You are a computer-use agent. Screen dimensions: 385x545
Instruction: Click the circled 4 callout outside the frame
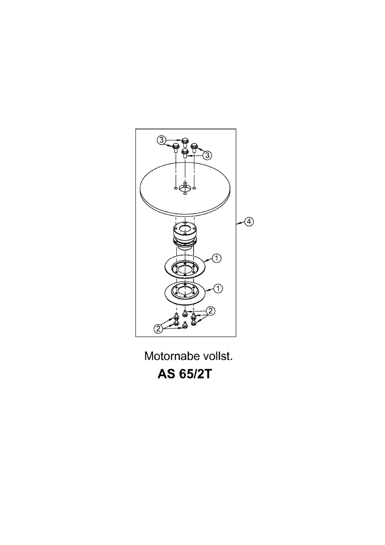(x=249, y=222)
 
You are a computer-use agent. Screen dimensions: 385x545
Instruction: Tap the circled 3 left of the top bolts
(x=161, y=139)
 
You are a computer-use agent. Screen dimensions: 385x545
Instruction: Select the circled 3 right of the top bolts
(x=207, y=154)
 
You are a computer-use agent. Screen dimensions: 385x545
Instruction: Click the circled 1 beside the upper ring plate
(x=217, y=258)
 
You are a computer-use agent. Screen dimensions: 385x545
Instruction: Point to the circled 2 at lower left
(x=158, y=329)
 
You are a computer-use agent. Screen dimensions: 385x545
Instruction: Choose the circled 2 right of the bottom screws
(x=210, y=311)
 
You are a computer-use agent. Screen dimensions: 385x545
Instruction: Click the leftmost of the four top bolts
(x=175, y=148)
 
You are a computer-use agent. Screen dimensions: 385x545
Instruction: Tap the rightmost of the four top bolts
(x=194, y=147)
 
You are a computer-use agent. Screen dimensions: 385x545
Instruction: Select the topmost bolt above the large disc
(x=185, y=142)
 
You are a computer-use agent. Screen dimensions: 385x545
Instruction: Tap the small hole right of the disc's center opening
(x=194, y=188)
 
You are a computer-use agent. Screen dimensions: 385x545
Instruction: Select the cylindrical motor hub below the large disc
(x=185, y=236)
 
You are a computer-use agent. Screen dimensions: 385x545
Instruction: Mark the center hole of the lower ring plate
(x=185, y=291)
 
